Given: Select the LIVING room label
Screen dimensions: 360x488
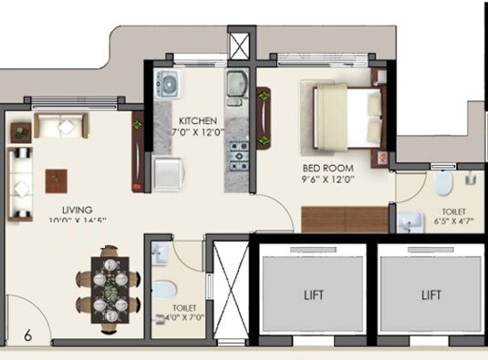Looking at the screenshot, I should point(66,208).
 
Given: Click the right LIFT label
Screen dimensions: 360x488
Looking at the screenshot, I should point(431,295).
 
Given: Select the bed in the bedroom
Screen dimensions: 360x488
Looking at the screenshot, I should point(346,116).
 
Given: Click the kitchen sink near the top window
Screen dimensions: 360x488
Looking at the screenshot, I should point(236,85).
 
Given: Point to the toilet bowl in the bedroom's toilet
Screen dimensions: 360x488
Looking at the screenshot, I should point(443,184).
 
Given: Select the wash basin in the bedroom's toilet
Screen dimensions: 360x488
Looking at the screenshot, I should point(408,220).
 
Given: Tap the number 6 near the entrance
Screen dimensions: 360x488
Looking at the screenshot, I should point(27,335).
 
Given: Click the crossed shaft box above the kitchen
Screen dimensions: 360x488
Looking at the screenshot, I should point(239,45).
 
